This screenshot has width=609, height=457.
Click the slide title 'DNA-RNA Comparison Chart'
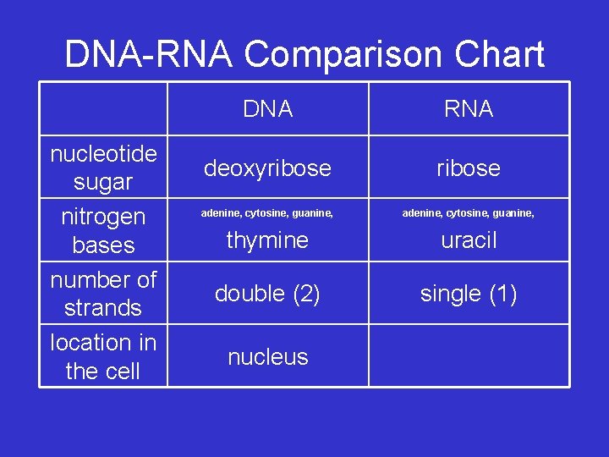304,55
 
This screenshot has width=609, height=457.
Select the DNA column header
267,109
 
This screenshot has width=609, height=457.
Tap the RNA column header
469,109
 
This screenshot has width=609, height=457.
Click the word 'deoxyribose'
267,168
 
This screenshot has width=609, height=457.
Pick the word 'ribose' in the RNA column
469,168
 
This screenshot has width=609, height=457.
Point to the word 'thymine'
267,240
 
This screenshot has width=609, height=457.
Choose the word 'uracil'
469,240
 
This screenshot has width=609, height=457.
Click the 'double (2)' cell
267,294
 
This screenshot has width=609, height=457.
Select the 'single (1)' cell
469,294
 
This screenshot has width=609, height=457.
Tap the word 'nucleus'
267,357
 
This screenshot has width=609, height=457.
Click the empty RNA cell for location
469,356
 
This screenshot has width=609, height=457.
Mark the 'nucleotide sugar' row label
103,168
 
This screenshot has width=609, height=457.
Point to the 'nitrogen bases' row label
103,231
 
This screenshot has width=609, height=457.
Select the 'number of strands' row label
103,294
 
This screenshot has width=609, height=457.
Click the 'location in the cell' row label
103,357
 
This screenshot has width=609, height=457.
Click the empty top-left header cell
103,108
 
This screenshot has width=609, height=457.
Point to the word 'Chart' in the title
499,55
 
